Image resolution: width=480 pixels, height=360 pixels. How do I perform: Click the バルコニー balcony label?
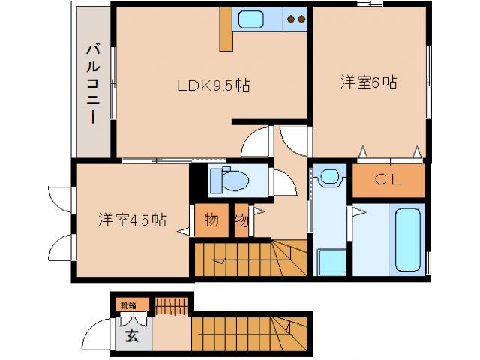click(91, 83)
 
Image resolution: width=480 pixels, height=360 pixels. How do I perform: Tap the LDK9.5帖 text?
click(213, 85)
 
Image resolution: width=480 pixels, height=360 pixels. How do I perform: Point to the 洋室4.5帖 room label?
click(131, 220)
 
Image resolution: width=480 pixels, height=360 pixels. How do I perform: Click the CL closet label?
click(388, 179)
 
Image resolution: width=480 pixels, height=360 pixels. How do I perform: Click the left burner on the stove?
click(291, 19)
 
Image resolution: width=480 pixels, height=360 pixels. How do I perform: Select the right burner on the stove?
click(301, 19)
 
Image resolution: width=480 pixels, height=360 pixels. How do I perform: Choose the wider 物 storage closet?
click(211, 220)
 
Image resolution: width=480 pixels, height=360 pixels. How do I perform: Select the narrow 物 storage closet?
click(241, 220)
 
